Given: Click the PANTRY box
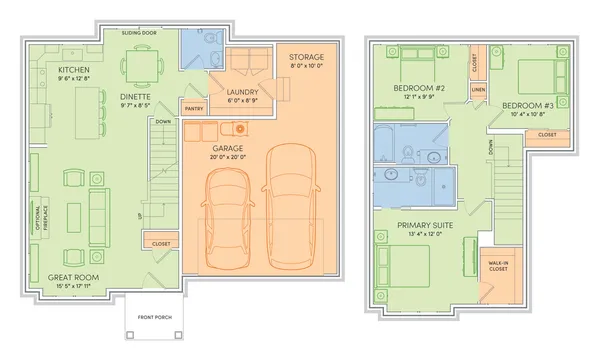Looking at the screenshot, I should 193,107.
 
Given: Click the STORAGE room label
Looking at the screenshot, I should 306,58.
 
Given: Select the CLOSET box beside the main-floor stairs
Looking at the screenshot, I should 161,243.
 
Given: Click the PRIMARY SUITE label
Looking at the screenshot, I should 425,226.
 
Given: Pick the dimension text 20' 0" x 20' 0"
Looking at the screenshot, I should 257,157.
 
